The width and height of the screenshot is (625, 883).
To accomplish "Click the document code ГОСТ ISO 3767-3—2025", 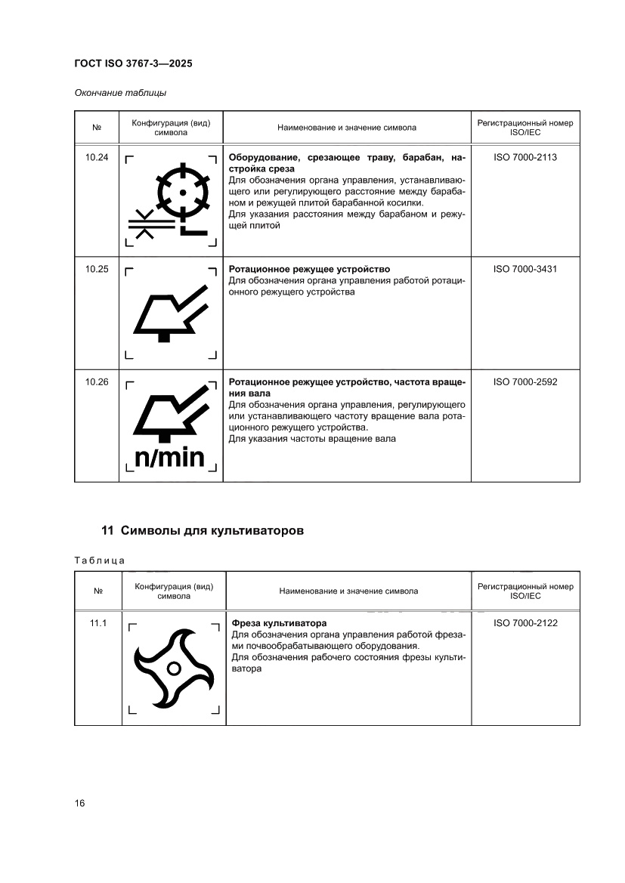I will [133, 64].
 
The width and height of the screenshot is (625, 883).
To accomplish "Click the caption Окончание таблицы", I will [120, 93].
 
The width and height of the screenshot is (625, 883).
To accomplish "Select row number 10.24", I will [97, 158].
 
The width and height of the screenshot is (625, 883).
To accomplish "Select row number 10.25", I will [97, 269].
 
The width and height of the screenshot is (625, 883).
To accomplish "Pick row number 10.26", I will [97, 382].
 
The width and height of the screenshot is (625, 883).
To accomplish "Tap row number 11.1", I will [98, 623].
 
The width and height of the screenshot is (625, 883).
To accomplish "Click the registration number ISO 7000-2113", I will [524, 158].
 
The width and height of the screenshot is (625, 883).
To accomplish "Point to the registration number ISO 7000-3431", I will [524, 269].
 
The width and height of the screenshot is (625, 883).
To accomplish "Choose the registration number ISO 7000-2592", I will [524, 382].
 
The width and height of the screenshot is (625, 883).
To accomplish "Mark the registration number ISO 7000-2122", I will [524, 623].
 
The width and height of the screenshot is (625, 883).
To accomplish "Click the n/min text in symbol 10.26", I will [170, 457].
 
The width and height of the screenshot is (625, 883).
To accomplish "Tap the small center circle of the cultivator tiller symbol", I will [173, 668].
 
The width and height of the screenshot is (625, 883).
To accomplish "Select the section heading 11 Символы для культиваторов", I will [203, 530].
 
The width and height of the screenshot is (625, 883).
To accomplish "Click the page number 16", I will [79, 802].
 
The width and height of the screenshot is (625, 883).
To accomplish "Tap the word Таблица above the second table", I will [99, 560].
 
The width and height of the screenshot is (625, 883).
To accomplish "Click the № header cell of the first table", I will [97, 128].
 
